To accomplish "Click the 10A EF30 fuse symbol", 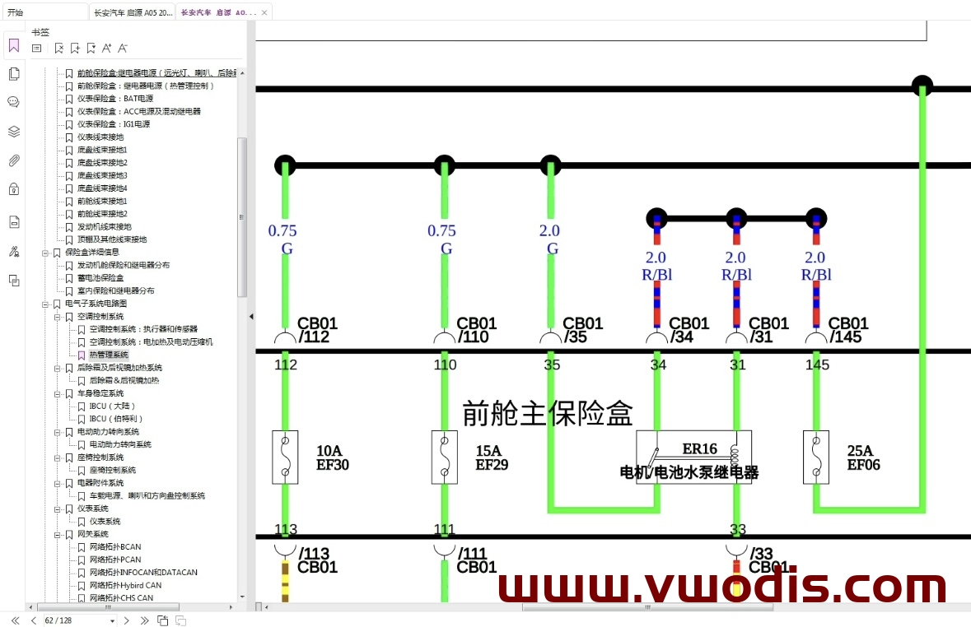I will click(x=285, y=457).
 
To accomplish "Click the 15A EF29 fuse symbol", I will click(x=445, y=457).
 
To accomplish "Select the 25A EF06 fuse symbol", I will click(x=815, y=457).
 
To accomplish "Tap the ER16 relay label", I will click(x=699, y=449).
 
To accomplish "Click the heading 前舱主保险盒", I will click(x=547, y=413).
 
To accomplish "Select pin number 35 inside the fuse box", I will click(x=552, y=365).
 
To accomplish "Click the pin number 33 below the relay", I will click(x=738, y=529).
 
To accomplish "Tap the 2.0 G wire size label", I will click(x=549, y=239).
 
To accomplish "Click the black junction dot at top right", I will click(x=922, y=86).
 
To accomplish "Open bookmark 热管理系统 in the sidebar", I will click(x=109, y=355).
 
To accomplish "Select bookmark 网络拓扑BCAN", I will click(x=114, y=547).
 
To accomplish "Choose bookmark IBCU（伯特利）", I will click(x=112, y=419).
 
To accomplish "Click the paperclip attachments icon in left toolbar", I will click(x=14, y=160).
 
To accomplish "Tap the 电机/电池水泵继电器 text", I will click(x=689, y=472).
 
